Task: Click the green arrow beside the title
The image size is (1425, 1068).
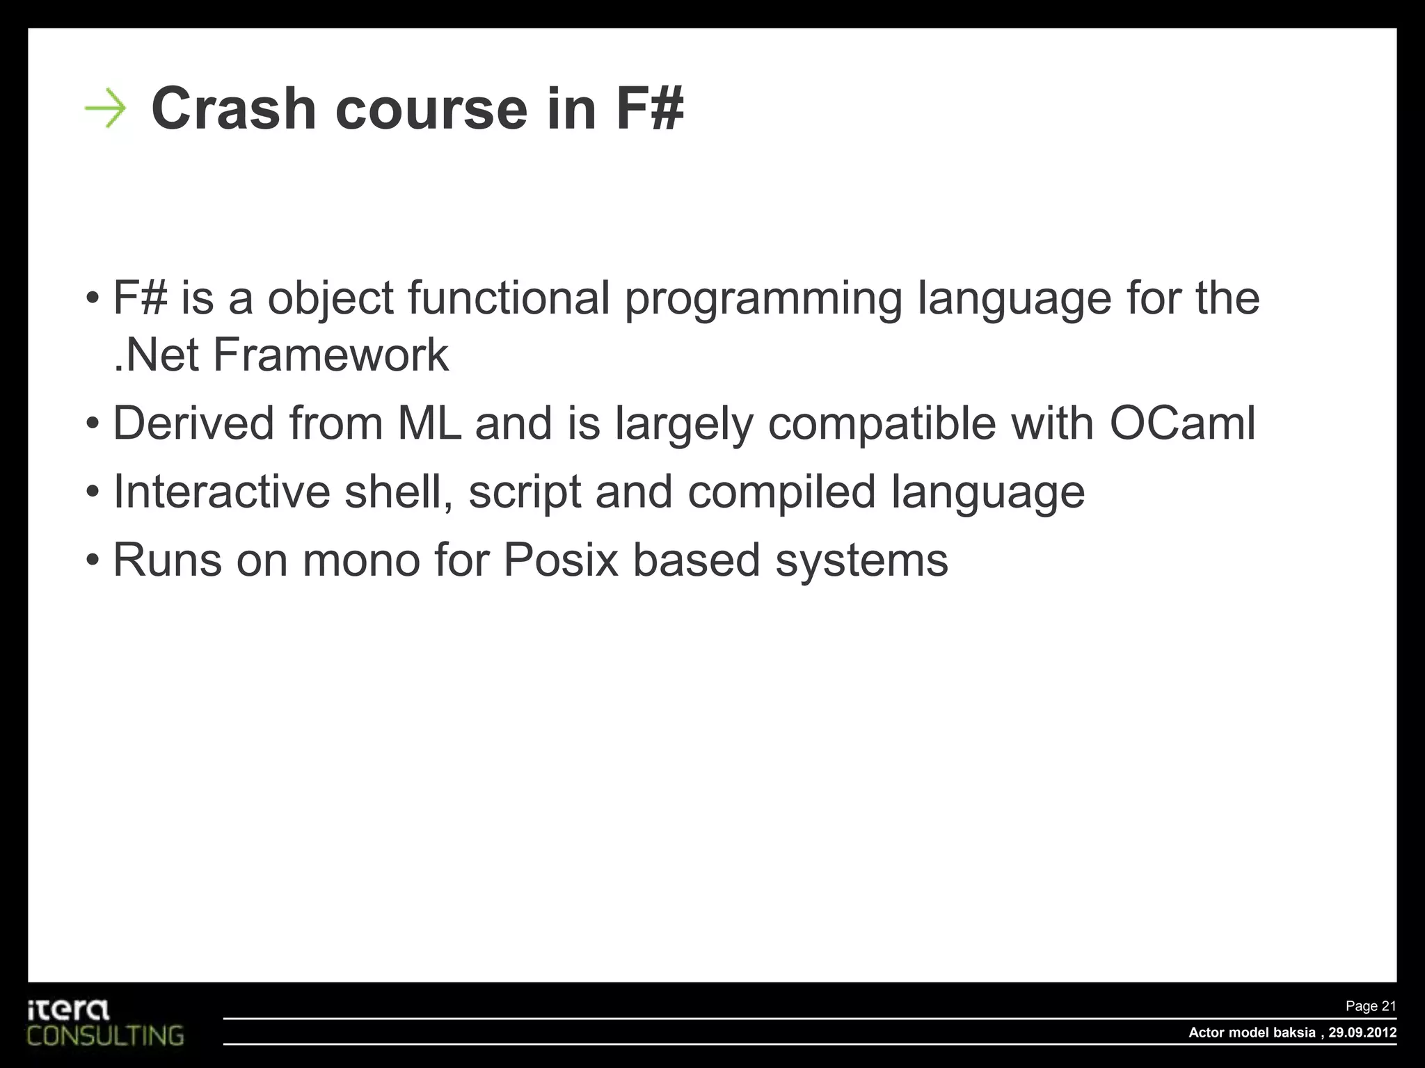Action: pyautogui.click(x=105, y=109)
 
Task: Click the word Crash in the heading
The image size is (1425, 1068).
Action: pyautogui.click(x=234, y=108)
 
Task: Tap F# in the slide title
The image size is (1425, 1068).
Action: pyautogui.click(x=649, y=108)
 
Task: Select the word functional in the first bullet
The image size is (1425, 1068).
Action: pyautogui.click(x=509, y=298)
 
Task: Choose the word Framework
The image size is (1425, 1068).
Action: pyautogui.click(x=331, y=355)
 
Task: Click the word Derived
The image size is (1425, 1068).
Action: pyautogui.click(x=193, y=423)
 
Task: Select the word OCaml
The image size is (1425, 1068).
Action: pyautogui.click(x=1182, y=423)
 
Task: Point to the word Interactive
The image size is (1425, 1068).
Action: pyautogui.click(x=221, y=491)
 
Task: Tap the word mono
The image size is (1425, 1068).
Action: pyautogui.click(x=361, y=560)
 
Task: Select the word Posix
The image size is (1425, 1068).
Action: pyautogui.click(x=560, y=560)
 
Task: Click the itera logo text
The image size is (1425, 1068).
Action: pyautogui.click(x=68, y=1010)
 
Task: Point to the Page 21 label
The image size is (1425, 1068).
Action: pyautogui.click(x=1370, y=1006)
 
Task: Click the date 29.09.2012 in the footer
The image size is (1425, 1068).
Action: pyautogui.click(x=1362, y=1033)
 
